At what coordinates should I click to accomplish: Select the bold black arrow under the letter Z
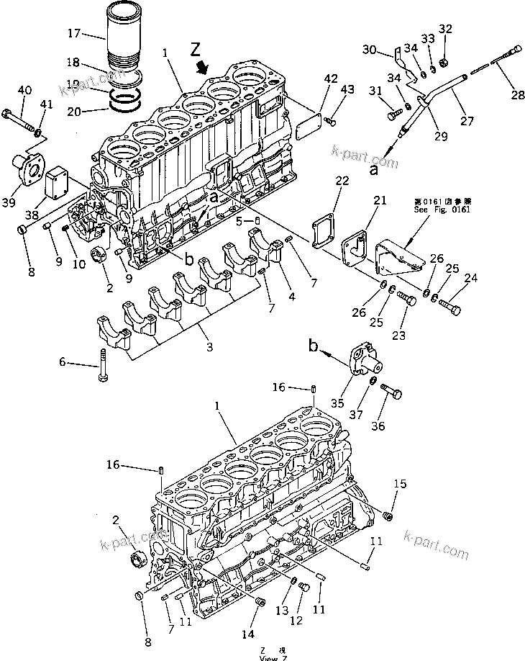204,66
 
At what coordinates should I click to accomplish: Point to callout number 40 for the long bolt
24,90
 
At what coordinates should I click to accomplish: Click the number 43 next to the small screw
347,89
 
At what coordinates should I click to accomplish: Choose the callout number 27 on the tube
467,122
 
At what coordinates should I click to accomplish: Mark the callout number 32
445,29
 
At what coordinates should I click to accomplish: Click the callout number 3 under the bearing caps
209,349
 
